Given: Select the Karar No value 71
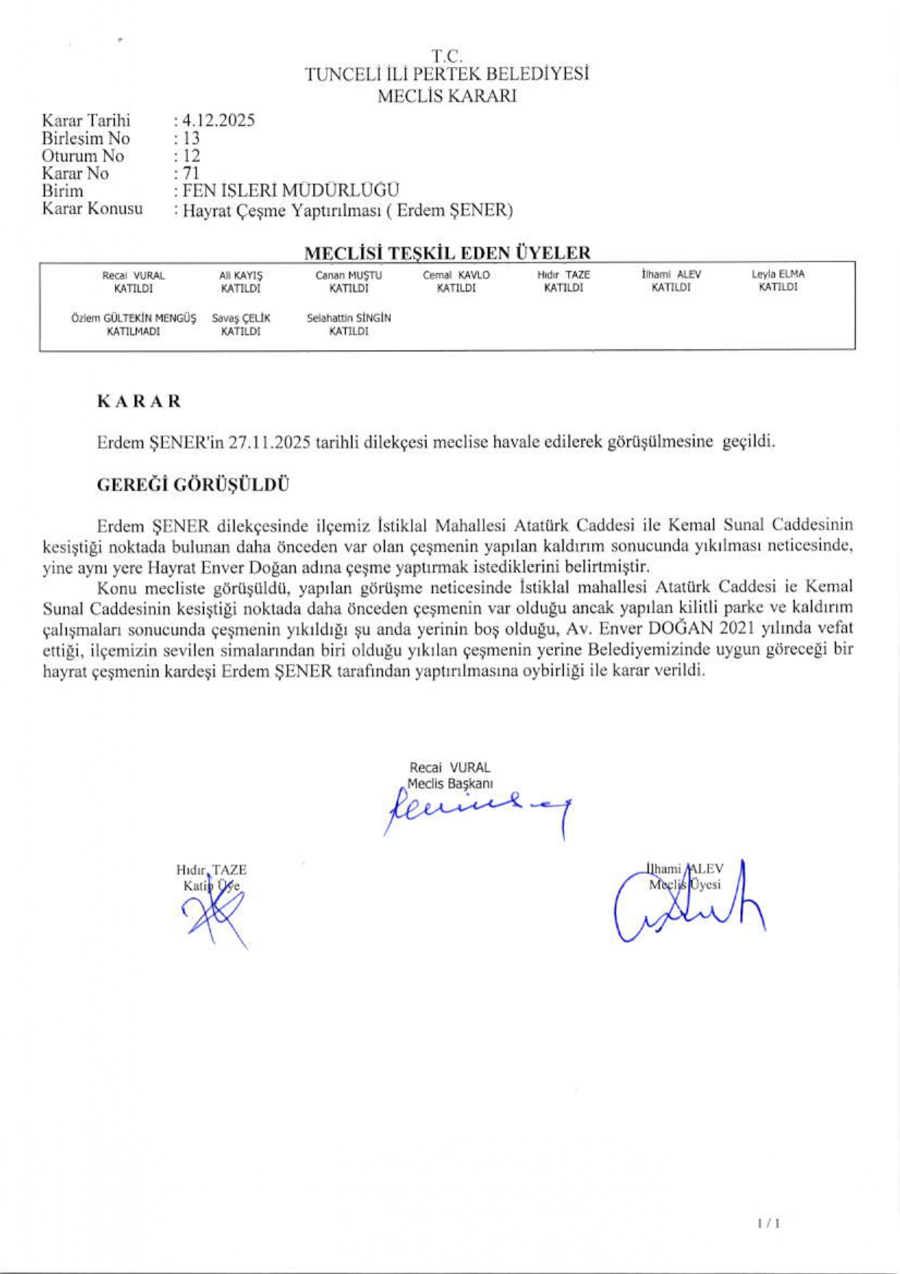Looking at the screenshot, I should tap(191, 174).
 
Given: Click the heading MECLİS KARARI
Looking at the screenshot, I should tap(447, 96).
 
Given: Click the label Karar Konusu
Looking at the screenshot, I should tap(92, 209).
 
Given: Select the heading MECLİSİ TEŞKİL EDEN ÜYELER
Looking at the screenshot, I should tap(447, 253).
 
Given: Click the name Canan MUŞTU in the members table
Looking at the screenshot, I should tap(348, 275).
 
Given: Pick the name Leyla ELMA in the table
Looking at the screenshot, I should tap(778, 275).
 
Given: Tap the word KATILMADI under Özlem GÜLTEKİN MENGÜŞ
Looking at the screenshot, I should tap(134, 331).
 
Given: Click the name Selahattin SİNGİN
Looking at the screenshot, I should tap(349, 318).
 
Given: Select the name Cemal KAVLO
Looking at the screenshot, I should tap(456, 275).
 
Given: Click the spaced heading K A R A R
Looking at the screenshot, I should tap(139, 402).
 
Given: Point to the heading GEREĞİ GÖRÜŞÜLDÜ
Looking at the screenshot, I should tap(193, 485).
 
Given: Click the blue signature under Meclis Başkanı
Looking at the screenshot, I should tap(476, 810).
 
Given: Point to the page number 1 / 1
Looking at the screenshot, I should tap(769, 1223).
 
